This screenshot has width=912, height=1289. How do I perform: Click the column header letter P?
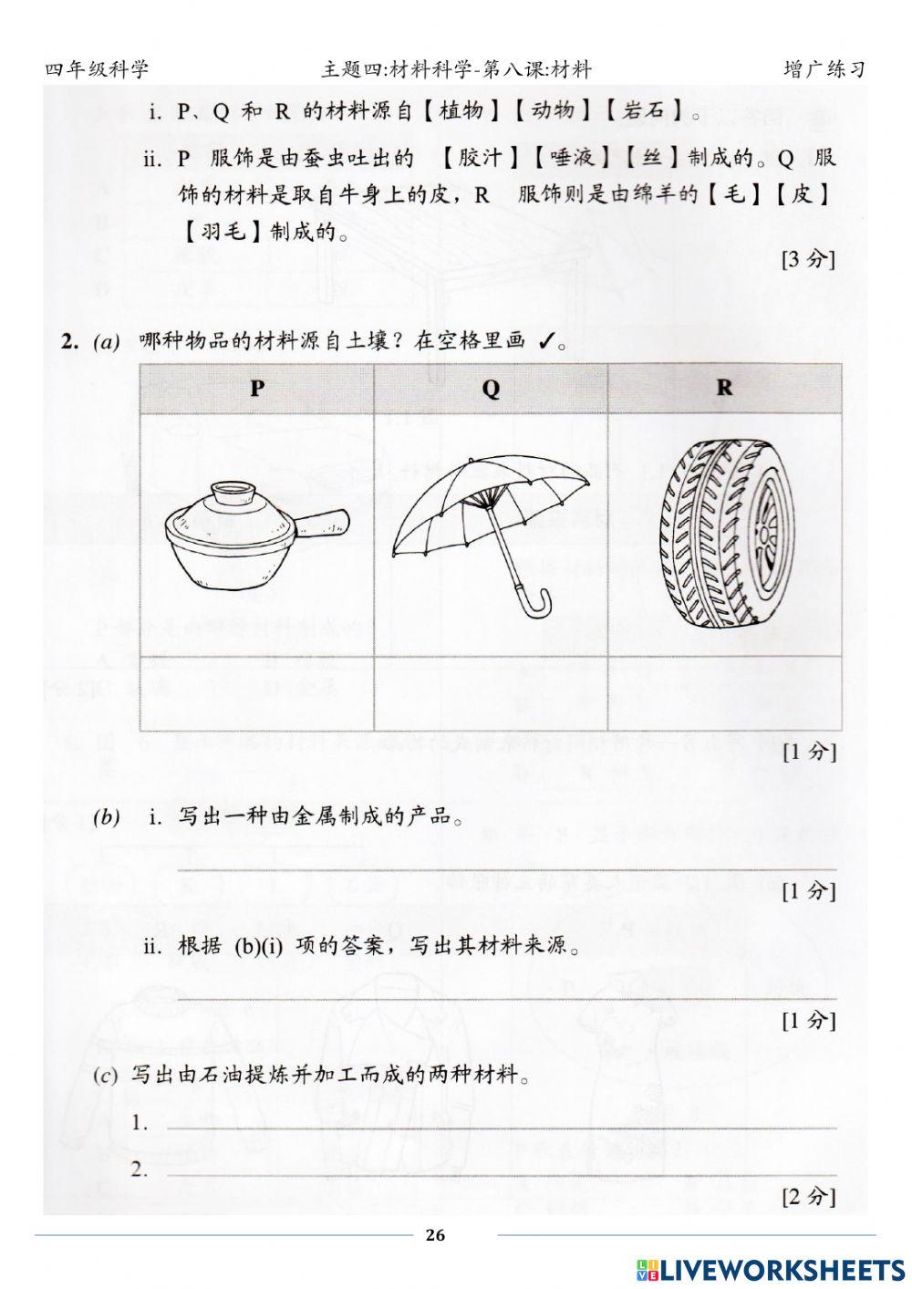[257, 388]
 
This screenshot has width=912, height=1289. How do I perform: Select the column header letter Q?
[491, 389]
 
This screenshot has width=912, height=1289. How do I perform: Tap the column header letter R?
[724, 388]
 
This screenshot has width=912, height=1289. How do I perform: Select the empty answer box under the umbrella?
[491, 693]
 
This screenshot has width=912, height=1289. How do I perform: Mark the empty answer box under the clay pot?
[257, 693]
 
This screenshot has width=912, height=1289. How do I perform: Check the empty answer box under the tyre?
[724, 693]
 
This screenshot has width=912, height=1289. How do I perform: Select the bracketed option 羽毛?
[223, 232]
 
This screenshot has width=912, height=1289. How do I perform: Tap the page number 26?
[435, 1235]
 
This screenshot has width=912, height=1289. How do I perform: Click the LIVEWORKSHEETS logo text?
[782, 1270]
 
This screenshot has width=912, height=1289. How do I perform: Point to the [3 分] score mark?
[808, 259]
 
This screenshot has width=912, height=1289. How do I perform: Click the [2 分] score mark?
[808, 1196]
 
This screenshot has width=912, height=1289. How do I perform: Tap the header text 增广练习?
[823, 69]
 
